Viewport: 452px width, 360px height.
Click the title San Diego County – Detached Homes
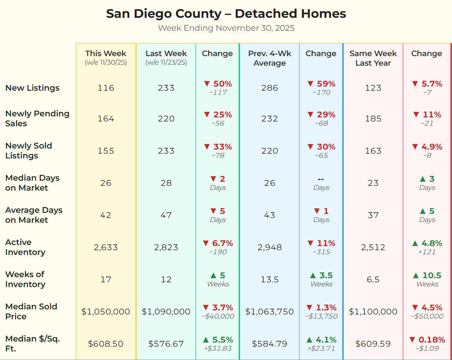pos(226,14)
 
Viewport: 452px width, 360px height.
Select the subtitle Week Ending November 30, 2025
pos(226,28)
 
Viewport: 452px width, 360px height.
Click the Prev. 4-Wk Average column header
pos(269,58)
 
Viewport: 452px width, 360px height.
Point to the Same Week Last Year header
pos(373,58)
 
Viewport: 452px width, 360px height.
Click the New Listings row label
pos(32,88)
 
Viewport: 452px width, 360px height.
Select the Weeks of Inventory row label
pos(25,279)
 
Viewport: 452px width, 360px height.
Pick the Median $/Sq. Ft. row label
pos(32,344)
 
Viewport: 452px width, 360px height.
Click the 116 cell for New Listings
pos(106,88)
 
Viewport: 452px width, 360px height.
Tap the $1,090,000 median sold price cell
pos(166,312)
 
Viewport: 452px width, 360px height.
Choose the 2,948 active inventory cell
pos(269,247)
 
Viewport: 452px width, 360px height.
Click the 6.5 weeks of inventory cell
pos(373,280)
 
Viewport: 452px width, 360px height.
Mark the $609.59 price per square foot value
pos(373,344)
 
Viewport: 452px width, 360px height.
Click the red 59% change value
pos(325,84)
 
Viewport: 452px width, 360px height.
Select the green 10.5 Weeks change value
pos(431,275)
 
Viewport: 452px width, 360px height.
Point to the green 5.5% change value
pos(222,340)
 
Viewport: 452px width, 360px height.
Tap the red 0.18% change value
pos(431,340)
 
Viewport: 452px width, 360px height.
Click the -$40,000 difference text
pos(218,316)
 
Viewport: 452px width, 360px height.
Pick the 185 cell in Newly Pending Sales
pos(373,119)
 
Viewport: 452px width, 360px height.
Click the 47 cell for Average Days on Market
pos(166,215)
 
